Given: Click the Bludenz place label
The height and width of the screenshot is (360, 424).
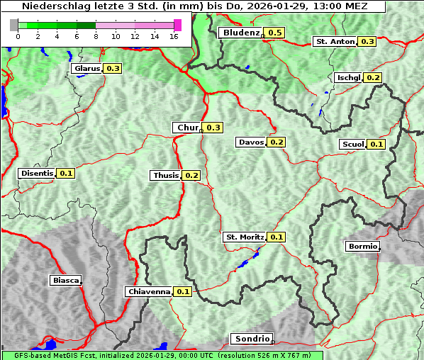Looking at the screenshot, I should pyautogui.click(x=240, y=33).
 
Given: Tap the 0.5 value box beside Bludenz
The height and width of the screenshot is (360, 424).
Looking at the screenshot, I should pyautogui.click(x=275, y=33).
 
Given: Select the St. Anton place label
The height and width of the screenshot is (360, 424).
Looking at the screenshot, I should pyautogui.click(x=335, y=42).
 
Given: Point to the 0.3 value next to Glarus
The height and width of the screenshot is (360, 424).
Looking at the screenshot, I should pyautogui.click(x=113, y=68).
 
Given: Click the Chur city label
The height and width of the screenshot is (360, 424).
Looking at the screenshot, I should pyautogui.click(x=187, y=128).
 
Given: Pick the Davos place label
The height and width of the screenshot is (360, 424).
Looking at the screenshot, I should pyautogui.click(x=251, y=142).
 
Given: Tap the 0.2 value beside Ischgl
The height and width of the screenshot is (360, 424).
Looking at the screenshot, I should pyautogui.click(x=374, y=77).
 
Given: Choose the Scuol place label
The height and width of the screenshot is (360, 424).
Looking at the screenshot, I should pyautogui.click(x=352, y=144).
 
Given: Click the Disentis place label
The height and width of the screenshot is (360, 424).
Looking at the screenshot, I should pyautogui.click(x=37, y=173).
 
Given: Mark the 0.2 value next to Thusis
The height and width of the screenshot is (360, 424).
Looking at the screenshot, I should pyautogui.click(x=191, y=175).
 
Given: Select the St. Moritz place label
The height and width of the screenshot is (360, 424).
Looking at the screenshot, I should pyautogui.click(x=244, y=237).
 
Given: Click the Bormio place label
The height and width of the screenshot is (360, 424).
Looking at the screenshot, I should pyautogui.click(x=362, y=247).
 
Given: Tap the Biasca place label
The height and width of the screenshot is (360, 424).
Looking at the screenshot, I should pyautogui.click(x=65, y=280).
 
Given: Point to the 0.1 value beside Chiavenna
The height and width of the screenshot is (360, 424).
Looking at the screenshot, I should pyautogui.click(x=183, y=291).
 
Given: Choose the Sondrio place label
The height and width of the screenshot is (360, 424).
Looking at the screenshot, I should pyautogui.click(x=251, y=339).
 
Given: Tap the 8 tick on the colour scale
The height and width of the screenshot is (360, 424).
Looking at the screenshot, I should pyautogui.click(x=96, y=36).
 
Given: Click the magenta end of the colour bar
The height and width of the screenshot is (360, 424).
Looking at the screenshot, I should pyautogui.click(x=177, y=25).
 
